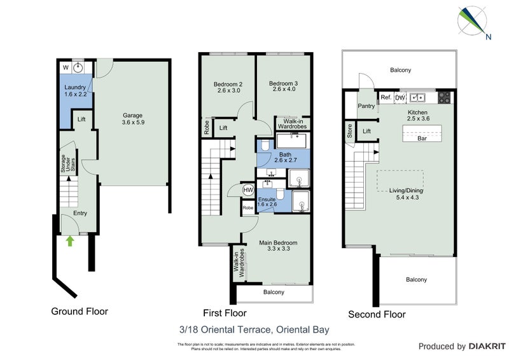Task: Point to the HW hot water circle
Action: coord(248,190)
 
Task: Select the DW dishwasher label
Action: coord(400,97)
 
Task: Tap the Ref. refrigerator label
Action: coord(386,97)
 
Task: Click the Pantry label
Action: coord(366,106)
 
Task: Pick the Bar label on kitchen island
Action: coord(421,138)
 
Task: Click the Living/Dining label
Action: coord(406,191)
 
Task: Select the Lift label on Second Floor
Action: coord(366,131)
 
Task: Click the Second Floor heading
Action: coord(376,314)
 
